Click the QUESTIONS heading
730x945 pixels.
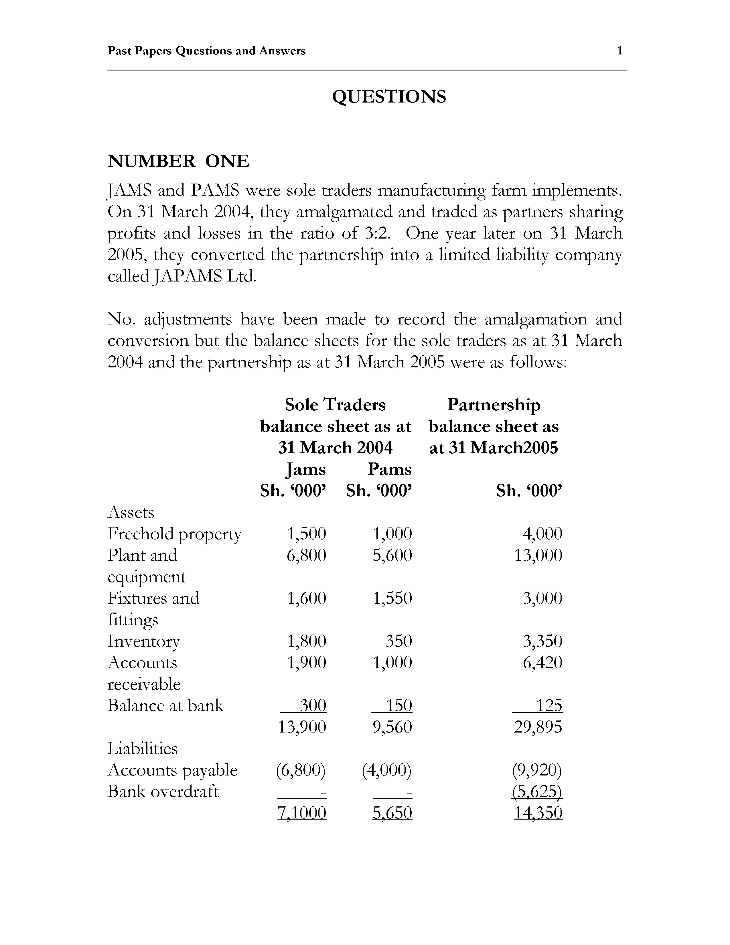(389, 97)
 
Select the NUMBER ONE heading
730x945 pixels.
(178, 161)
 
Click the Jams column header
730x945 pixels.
(306, 469)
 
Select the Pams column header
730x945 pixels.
(389, 469)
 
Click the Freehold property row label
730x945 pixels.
(174, 533)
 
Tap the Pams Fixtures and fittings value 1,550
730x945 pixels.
(392, 598)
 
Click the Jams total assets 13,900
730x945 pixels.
(301, 727)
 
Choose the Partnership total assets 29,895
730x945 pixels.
(538, 727)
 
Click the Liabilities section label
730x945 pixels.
(142, 748)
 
